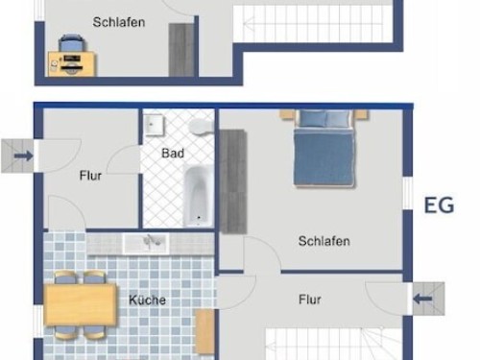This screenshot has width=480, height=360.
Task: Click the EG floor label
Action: [x=439, y=205]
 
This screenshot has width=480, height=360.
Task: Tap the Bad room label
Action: [x=173, y=154]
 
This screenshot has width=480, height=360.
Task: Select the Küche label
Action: [x=147, y=300]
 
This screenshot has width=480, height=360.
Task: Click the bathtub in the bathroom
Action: [x=198, y=196]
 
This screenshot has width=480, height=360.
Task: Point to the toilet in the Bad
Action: [x=201, y=127]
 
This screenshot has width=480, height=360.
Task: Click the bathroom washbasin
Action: [x=154, y=125]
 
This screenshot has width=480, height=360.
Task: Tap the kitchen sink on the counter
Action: [x=146, y=244]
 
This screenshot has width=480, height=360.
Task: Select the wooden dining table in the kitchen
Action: [x=81, y=304]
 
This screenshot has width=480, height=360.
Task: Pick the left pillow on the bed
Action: [x=313, y=118]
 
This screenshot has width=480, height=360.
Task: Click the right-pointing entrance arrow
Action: [x=24, y=156]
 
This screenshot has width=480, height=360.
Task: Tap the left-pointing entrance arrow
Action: [x=422, y=300]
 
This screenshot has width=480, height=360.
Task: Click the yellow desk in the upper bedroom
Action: [x=72, y=64]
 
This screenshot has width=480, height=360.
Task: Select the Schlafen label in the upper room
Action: [x=119, y=22]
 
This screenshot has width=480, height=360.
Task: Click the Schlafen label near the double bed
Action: [x=324, y=241]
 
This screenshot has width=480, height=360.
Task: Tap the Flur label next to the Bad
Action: [x=90, y=176]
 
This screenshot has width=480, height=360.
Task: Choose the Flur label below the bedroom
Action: [x=310, y=300]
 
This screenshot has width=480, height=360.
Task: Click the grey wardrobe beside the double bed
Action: [x=233, y=181]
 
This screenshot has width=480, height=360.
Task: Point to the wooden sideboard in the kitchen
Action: [x=204, y=331]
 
